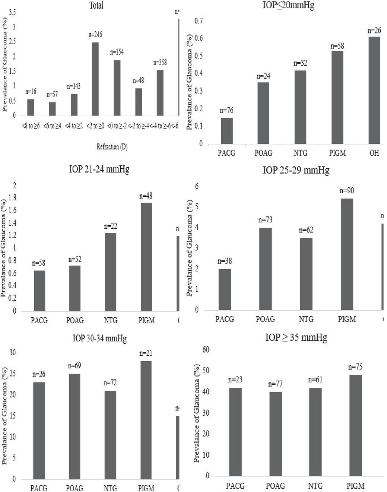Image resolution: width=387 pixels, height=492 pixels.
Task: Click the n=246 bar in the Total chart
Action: [x=95, y=79]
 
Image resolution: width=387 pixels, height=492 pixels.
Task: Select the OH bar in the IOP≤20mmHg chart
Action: [x=374, y=90]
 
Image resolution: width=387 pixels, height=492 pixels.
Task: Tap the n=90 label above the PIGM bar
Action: [x=347, y=191]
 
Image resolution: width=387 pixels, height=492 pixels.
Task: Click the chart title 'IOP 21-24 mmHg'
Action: [x=99, y=169]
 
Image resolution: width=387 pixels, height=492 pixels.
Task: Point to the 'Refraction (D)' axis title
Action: [x=112, y=147]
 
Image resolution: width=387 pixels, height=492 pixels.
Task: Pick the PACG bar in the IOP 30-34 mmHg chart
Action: [x=39, y=430]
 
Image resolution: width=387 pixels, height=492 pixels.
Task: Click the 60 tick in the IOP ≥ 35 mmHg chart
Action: [x=206, y=350]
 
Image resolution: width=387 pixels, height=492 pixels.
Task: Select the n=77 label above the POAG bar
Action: [x=276, y=384]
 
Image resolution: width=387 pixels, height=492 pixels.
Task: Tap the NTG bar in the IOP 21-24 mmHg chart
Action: [x=110, y=272]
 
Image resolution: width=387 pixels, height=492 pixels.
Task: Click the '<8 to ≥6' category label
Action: [x=31, y=126]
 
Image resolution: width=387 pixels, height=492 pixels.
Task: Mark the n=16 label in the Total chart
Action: [x=31, y=92]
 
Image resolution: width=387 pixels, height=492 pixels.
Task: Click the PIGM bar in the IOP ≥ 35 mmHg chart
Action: [x=356, y=425]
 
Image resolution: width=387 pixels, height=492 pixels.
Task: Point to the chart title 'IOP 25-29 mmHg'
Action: [x=296, y=170]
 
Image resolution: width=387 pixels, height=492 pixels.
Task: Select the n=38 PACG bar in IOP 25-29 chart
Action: [x=225, y=289]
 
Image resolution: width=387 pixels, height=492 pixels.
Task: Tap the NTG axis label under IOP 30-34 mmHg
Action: [x=110, y=488]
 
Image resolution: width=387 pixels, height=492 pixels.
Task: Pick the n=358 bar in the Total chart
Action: [x=160, y=93]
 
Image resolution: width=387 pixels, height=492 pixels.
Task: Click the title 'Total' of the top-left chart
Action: [x=96, y=5]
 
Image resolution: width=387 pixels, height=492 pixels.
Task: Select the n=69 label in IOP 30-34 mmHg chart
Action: [x=74, y=366]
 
